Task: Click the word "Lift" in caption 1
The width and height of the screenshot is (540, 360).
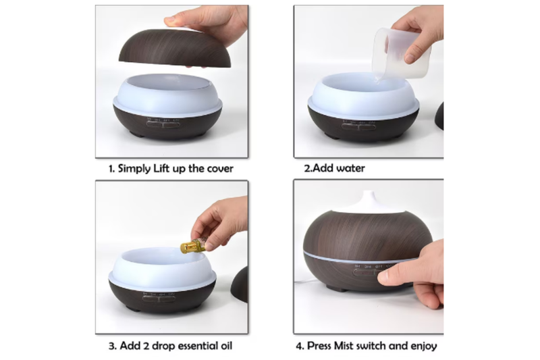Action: (x=161, y=168)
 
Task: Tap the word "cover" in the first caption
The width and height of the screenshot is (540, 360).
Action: (x=220, y=169)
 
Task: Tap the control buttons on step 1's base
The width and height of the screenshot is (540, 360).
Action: (x=163, y=124)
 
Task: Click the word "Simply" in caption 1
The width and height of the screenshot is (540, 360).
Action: (x=134, y=169)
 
